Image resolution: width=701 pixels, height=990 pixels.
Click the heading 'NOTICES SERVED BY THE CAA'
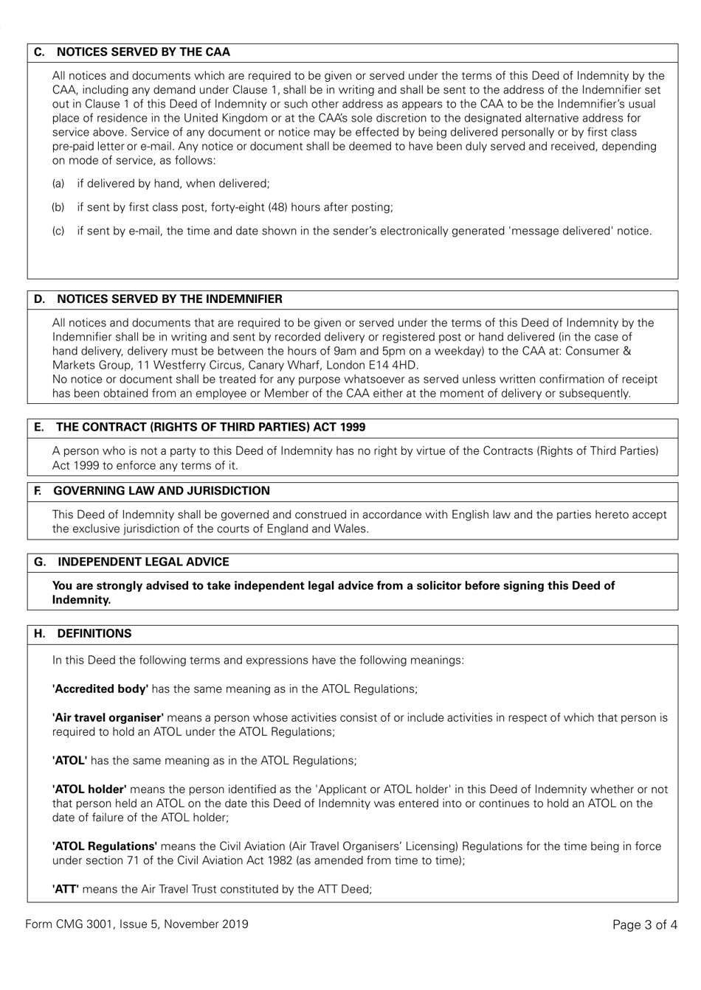(143, 52)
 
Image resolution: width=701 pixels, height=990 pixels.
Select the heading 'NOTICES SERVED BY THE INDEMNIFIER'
(169, 299)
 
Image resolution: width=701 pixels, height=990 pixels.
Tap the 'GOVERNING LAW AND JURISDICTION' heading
(162, 491)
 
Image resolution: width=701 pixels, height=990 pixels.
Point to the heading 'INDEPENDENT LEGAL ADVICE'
(143, 562)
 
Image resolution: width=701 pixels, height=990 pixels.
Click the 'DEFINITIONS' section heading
(94, 634)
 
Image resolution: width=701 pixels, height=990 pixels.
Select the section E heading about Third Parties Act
(210, 428)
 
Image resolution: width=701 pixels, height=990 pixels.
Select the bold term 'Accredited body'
(100, 689)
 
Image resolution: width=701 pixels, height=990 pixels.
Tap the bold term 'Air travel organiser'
(108, 718)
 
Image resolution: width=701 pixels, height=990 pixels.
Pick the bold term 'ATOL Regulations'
(104, 846)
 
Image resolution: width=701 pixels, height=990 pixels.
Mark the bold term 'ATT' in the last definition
(66, 889)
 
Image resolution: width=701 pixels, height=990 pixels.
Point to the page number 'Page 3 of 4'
(644, 925)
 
